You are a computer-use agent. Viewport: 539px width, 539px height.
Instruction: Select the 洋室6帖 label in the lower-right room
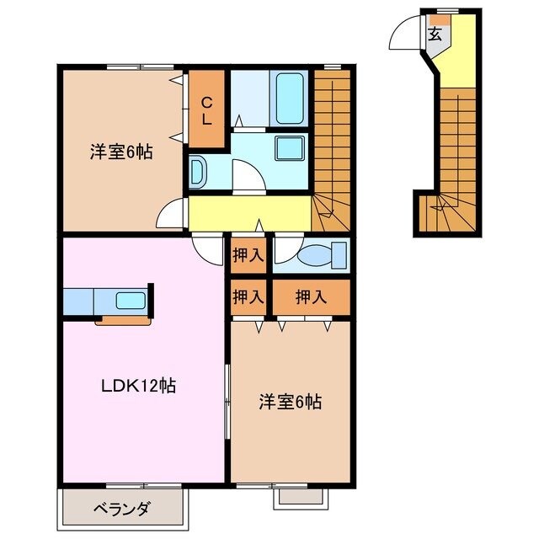(x=290, y=403)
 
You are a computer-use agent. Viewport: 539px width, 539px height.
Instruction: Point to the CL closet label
(x=206, y=110)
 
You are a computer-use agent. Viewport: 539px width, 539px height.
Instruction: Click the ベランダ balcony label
(x=121, y=508)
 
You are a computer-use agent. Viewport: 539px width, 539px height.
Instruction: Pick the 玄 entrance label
(x=435, y=35)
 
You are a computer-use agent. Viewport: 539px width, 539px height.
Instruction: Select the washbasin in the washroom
(x=198, y=173)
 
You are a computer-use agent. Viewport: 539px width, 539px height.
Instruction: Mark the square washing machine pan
(x=292, y=150)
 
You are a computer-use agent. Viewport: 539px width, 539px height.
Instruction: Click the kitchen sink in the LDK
(x=130, y=301)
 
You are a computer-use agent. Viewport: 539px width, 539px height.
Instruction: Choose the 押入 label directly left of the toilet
(x=247, y=255)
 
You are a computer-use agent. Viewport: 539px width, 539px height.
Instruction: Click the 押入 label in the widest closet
(x=311, y=296)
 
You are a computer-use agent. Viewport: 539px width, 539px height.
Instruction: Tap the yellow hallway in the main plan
(x=248, y=213)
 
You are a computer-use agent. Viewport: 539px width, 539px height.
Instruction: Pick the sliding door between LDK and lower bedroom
(x=227, y=400)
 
